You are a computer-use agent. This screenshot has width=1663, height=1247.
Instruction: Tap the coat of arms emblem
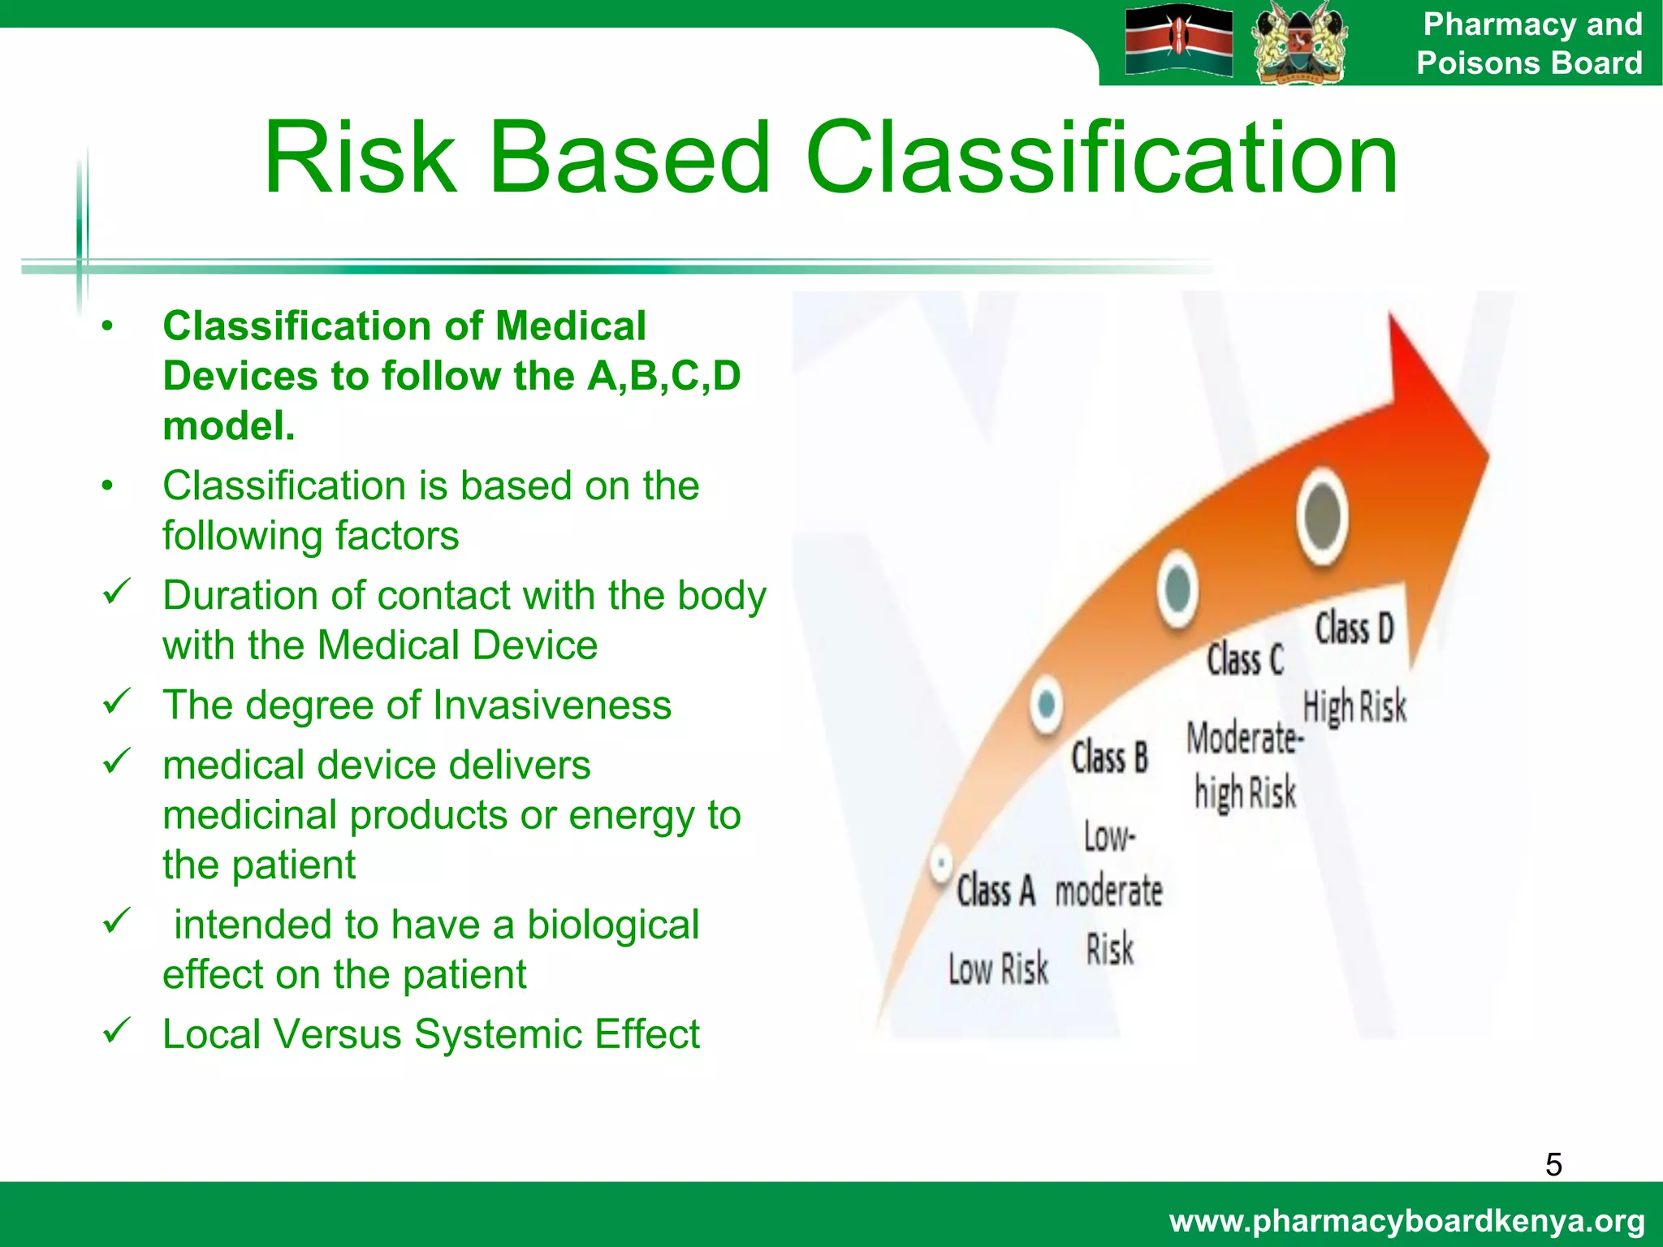pos(1298,42)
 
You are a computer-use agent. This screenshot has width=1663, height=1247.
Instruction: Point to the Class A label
pos(996,891)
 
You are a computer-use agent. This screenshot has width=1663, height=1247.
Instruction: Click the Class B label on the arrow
pos(1109,758)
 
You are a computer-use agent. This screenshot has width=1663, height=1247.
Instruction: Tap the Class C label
pos(1245,659)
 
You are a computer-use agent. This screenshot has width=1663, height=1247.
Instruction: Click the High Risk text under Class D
pos(1354,706)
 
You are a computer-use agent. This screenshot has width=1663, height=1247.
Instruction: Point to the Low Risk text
pos(998,969)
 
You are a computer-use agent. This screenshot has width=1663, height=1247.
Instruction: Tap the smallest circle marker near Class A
pos(941,862)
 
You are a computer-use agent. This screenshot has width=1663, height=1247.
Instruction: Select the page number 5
pos(1553,1165)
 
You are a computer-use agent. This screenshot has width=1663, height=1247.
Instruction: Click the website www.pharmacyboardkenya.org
pos(1406,1221)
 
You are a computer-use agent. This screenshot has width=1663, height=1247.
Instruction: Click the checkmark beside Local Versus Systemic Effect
pos(117,1031)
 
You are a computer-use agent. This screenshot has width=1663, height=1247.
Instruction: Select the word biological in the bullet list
pos(612,925)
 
